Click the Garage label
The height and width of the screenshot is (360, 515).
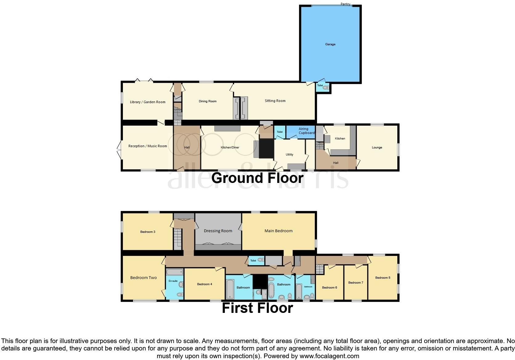click(x=330, y=44)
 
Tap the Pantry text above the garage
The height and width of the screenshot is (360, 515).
click(x=345, y=4)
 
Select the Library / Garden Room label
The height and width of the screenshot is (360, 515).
click(x=148, y=102)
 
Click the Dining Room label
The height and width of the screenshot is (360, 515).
click(x=208, y=101)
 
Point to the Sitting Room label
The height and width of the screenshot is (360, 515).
click(x=275, y=101)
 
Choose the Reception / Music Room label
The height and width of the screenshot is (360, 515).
click(x=148, y=146)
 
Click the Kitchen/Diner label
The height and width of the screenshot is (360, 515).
click(x=230, y=148)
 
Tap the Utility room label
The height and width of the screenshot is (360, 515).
click(x=289, y=155)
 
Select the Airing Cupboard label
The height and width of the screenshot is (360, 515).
click(x=306, y=131)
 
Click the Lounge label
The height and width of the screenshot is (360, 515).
click(x=377, y=148)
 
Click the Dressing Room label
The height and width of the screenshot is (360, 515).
click(x=218, y=231)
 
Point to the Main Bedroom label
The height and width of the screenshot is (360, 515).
click(x=278, y=231)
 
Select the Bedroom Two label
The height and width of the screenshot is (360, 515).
click(x=143, y=277)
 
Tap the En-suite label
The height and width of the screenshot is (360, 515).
click(x=173, y=281)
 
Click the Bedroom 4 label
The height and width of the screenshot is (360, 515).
click(x=205, y=284)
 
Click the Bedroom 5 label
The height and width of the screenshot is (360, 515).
click(x=383, y=278)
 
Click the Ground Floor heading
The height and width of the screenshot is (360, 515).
click(x=257, y=178)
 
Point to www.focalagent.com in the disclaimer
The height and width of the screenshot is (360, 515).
click(x=329, y=356)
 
